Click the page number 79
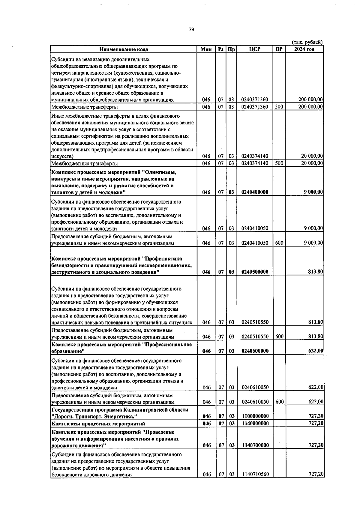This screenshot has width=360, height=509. (192, 29)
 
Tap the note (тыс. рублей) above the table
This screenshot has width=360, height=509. (307, 42)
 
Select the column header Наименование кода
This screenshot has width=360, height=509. (124, 49)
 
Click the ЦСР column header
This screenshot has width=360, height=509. (254, 49)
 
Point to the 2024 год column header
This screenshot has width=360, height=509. (304, 49)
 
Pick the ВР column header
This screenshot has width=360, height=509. (279, 49)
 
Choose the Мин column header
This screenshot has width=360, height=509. (206, 49)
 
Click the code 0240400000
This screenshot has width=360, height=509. (255, 192)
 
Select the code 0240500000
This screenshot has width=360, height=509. (255, 272)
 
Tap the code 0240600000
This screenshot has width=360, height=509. (255, 351)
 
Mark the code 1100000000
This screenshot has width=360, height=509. (255, 416)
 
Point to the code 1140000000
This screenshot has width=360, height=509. (255, 424)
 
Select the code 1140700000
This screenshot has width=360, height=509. (255, 445)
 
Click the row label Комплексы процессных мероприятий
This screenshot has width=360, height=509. (98, 424)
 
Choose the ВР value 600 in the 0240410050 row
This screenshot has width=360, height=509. (279, 243)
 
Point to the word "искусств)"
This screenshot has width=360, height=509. (62, 156)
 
